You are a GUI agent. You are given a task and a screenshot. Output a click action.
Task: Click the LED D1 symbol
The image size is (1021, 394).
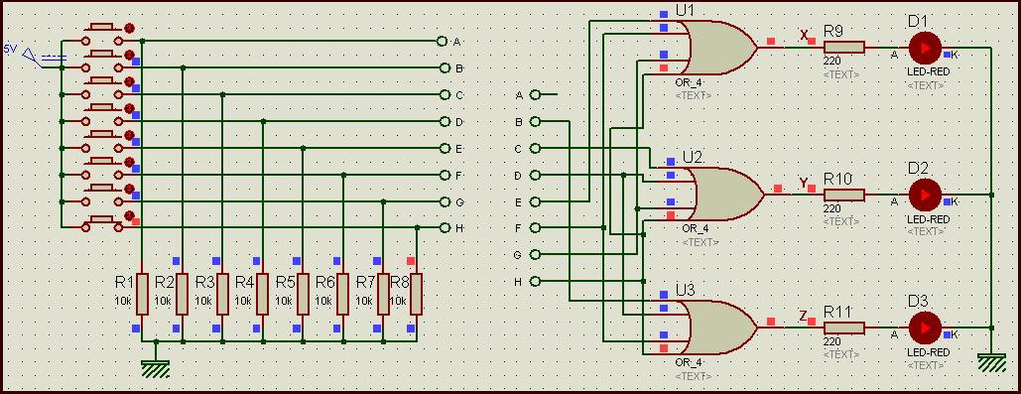tap(925, 47)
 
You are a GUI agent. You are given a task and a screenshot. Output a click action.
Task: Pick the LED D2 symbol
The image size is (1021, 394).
tap(925, 194)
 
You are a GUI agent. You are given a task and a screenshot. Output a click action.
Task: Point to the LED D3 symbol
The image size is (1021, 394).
tap(925, 328)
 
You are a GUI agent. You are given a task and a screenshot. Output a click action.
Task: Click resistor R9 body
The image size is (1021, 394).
tap(843, 47)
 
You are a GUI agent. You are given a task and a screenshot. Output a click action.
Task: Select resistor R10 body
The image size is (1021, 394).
tap(843, 194)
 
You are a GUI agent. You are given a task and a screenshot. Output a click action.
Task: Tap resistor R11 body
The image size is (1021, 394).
tap(843, 328)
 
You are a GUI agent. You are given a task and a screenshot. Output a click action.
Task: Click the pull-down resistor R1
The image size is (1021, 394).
tap(142, 293)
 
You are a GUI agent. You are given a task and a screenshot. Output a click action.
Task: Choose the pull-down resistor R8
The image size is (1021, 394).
tap(416, 293)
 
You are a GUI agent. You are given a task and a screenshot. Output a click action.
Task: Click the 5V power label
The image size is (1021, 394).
tap(10, 48)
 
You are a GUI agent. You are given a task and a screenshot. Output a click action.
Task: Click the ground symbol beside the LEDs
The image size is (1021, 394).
tap(992, 363)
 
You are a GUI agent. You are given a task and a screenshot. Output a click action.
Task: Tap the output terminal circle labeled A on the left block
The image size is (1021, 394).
tap(443, 42)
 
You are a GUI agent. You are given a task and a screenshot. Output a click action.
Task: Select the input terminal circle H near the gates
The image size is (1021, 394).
tap(536, 282)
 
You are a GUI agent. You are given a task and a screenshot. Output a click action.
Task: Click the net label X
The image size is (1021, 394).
tap(804, 36)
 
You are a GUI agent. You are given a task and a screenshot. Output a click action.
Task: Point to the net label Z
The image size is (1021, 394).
tap(803, 317)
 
